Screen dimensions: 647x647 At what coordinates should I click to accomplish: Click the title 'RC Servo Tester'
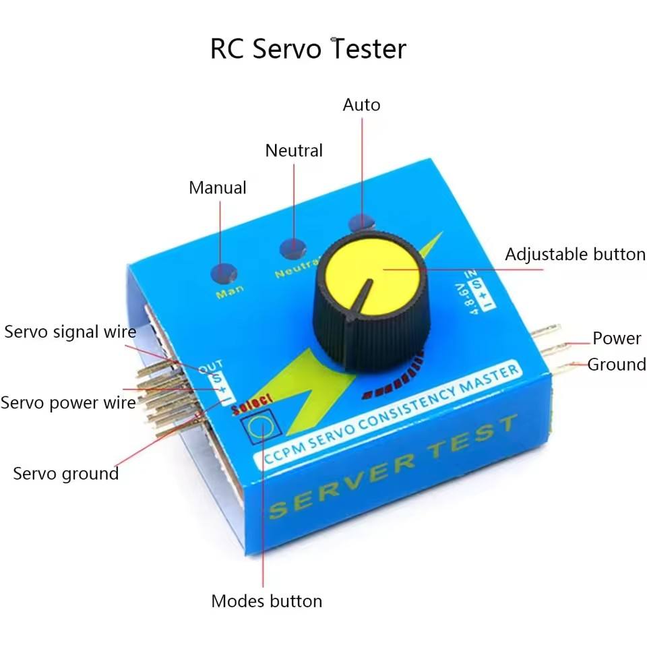pyautogui.click(x=308, y=49)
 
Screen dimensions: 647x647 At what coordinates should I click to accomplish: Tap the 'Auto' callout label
pyautogui.click(x=361, y=105)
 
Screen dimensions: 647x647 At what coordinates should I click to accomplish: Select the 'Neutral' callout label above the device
pyautogui.click(x=294, y=150)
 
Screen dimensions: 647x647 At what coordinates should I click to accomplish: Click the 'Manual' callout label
pyautogui.click(x=217, y=187)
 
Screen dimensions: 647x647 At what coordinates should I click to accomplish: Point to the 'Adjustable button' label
pyautogui.click(x=575, y=254)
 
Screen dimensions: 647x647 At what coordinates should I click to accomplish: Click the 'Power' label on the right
pyautogui.click(x=616, y=338)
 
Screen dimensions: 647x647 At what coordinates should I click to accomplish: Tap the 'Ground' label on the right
pyautogui.click(x=616, y=365)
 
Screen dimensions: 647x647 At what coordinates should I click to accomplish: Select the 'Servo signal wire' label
pyautogui.click(x=70, y=332)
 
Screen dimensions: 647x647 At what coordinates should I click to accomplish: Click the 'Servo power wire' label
pyautogui.click(x=68, y=402)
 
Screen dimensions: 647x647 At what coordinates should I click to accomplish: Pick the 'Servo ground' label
pyautogui.click(x=66, y=473)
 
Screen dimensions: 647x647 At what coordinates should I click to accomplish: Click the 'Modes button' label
pyautogui.click(x=267, y=600)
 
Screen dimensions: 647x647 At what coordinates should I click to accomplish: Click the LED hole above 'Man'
pyautogui.click(x=223, y=273)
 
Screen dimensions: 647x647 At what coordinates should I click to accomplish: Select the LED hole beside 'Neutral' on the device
pyautogui.click(x=292, y=248)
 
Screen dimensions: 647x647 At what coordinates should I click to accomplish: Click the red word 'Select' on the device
pyautogui.click(x=251, y=404)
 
